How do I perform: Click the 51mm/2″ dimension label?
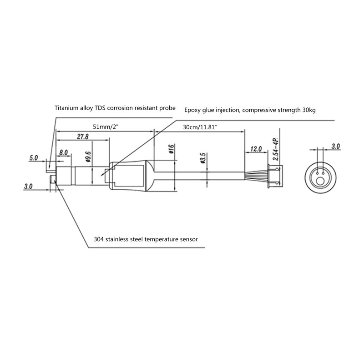point(106,127)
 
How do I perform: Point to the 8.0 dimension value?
point(63,152)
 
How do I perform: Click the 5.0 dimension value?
point(33,158)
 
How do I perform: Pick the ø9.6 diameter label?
point(88,157)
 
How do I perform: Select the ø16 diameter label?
point(171,149)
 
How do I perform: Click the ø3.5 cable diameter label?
point(202,158)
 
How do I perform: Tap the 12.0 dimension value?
point(256,149)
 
